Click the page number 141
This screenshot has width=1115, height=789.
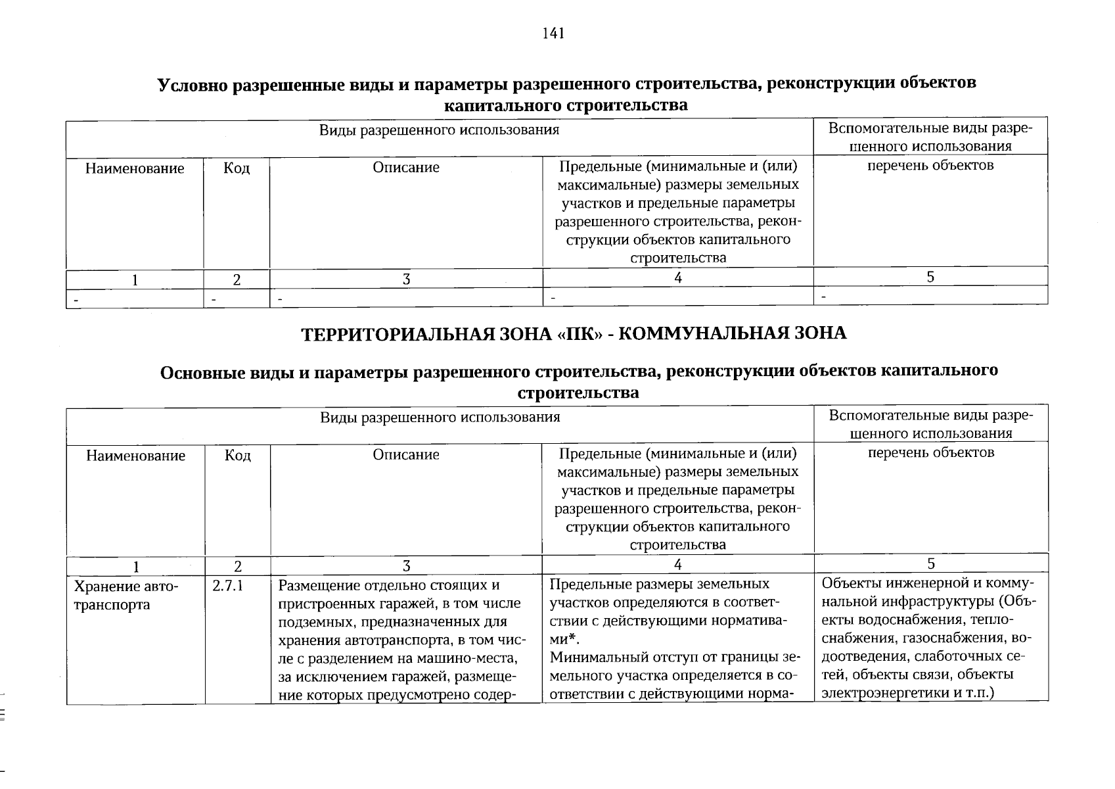coord(553,34)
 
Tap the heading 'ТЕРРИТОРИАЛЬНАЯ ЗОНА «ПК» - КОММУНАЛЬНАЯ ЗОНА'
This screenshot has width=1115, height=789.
coord(574,333)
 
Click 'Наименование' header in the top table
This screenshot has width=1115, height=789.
coord(135,169)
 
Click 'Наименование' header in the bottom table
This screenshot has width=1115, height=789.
coord(135,456)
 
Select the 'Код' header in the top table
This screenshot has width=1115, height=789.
coord(237,169)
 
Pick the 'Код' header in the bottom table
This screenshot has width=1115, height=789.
coord(237,456)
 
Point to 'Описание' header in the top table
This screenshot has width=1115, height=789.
coord(406,168)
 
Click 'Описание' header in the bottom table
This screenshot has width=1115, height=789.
coord(406,455)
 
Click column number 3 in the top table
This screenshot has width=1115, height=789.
coord(406,279)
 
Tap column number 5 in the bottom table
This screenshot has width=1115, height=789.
coord(930,563)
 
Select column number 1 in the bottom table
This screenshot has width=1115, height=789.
coord(135,566)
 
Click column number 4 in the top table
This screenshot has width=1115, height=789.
coord(677,278)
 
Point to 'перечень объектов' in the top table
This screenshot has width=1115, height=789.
coord(930,165)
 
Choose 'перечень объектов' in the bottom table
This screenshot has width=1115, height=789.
coord(931,452)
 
